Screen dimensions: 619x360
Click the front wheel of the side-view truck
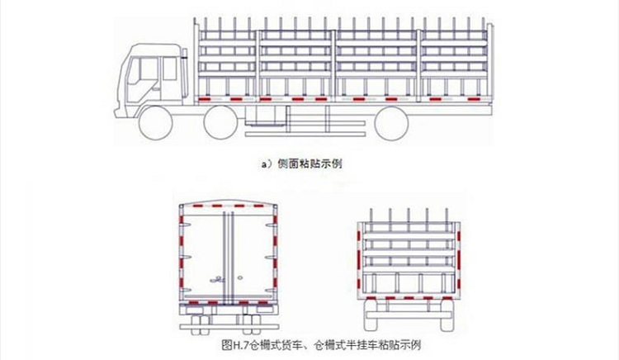point(156,123)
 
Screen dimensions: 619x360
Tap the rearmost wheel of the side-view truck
point(391,123)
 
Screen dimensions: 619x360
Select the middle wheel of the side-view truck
point(221,123)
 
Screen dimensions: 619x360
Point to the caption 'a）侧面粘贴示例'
point(302,163)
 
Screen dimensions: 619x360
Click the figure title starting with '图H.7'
point(321,345)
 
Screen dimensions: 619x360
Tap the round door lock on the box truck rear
point(239,278)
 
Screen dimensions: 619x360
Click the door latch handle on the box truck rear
point(217,280)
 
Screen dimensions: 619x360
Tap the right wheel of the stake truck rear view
point(447,315)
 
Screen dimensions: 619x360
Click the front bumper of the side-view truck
point(117,111)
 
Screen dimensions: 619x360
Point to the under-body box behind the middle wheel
point(265,116)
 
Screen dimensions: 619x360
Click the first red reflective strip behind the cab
point(204,99)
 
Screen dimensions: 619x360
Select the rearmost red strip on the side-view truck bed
point(474,99)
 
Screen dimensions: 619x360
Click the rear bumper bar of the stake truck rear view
point(409,315)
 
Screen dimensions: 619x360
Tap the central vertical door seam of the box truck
point(228,258)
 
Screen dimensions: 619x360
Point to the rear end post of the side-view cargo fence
point(489,64)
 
